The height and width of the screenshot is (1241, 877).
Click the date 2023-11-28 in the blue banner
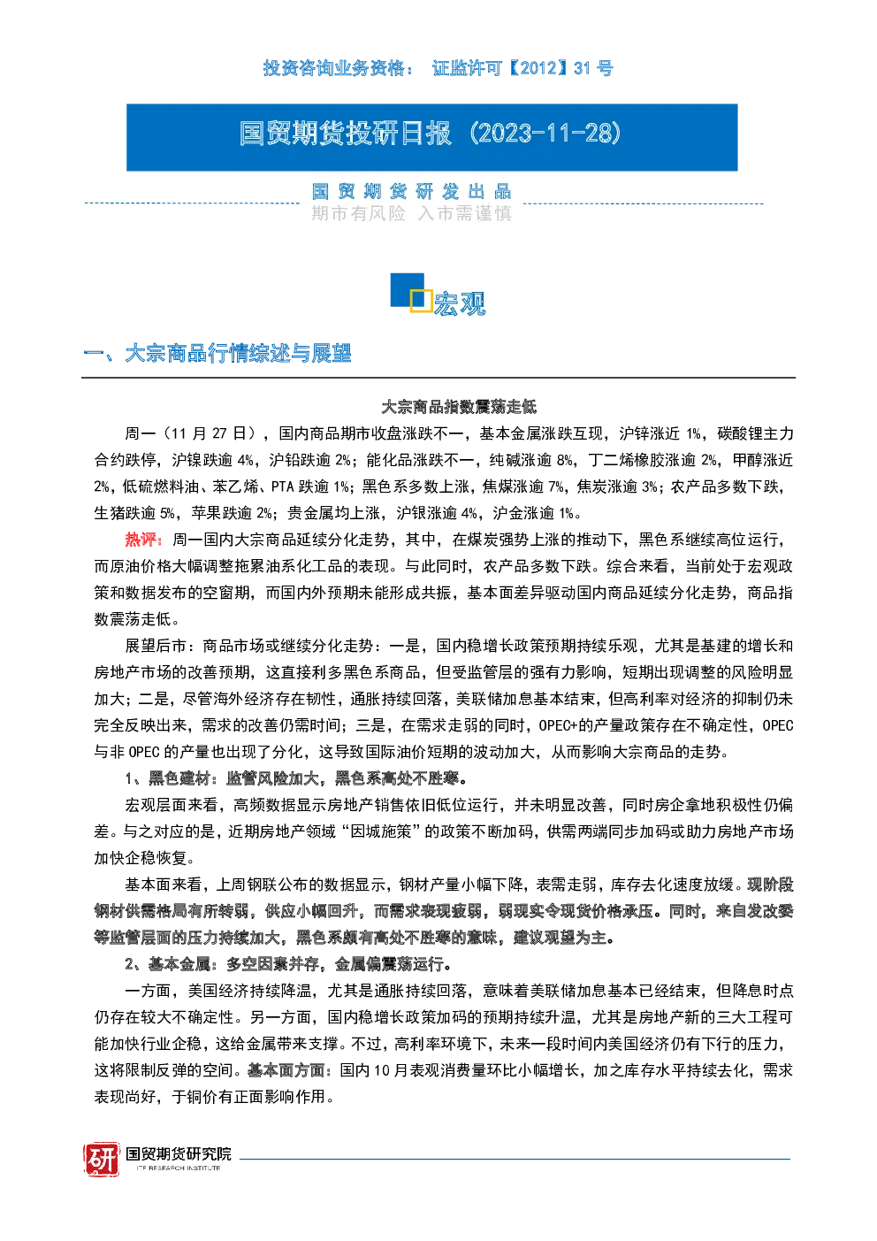point(546,134)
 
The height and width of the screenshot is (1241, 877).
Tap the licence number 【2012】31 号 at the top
point(560,68)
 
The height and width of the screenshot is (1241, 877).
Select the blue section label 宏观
point(460,303)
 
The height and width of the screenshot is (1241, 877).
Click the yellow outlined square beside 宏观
point(421,300)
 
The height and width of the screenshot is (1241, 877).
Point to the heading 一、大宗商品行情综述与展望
point(217,353)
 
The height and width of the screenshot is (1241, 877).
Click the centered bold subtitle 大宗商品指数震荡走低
point(459,407)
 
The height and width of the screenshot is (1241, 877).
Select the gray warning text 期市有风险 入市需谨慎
point(411,213)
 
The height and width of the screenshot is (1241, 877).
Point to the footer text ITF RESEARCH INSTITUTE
point(179,1168)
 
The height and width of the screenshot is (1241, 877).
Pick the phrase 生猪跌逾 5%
point(134,513)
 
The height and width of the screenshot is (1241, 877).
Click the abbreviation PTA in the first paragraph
point(282,486)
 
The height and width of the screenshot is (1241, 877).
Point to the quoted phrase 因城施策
point(381,831)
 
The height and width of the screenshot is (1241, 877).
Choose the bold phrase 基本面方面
point(286,1071)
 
